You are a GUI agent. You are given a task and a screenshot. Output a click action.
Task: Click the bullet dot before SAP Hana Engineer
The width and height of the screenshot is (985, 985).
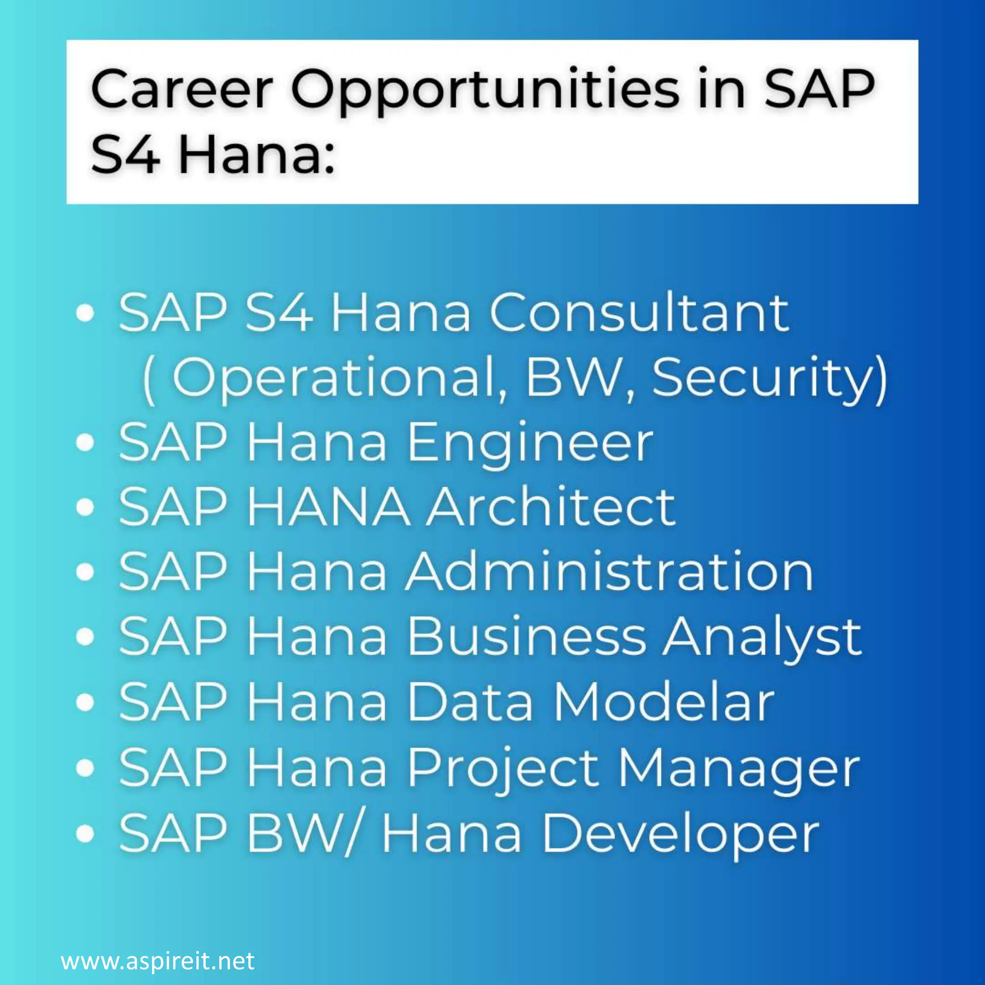85,442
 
